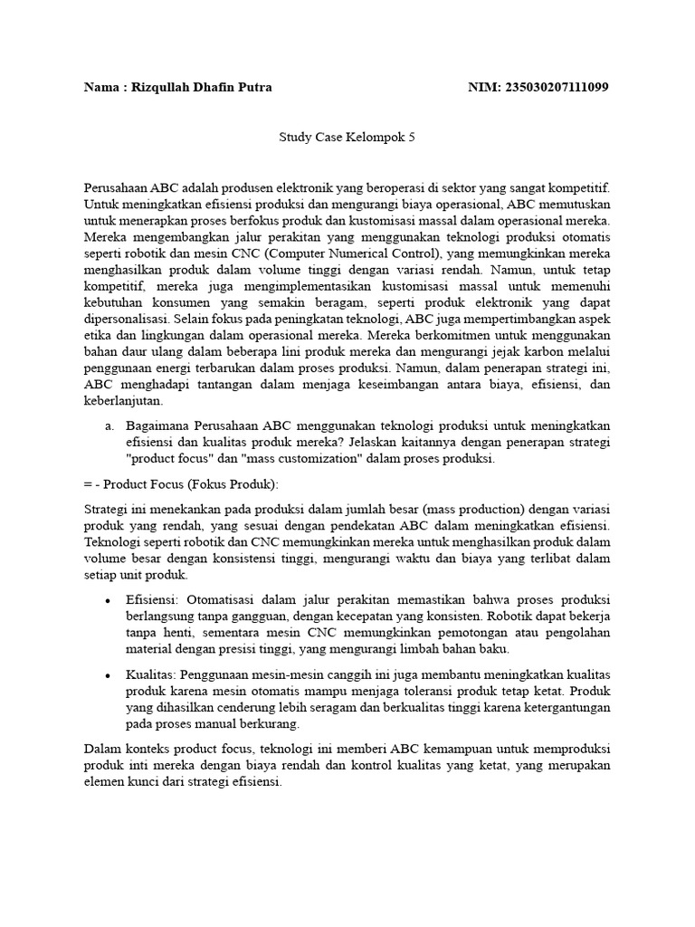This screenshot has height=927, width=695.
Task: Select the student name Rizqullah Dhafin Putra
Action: (x=202, y=88)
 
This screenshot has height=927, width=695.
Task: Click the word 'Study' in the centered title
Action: (x=293, y=138)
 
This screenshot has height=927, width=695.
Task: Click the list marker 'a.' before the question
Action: (x=109, y=425)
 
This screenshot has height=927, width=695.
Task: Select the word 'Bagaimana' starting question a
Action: (x=156, y=425)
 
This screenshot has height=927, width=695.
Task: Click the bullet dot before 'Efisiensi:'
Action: (x=109, y=601)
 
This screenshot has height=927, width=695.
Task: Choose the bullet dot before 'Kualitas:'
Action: (x=109, y=674)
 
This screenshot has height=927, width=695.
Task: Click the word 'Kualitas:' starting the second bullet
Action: (x=152, y=674)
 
